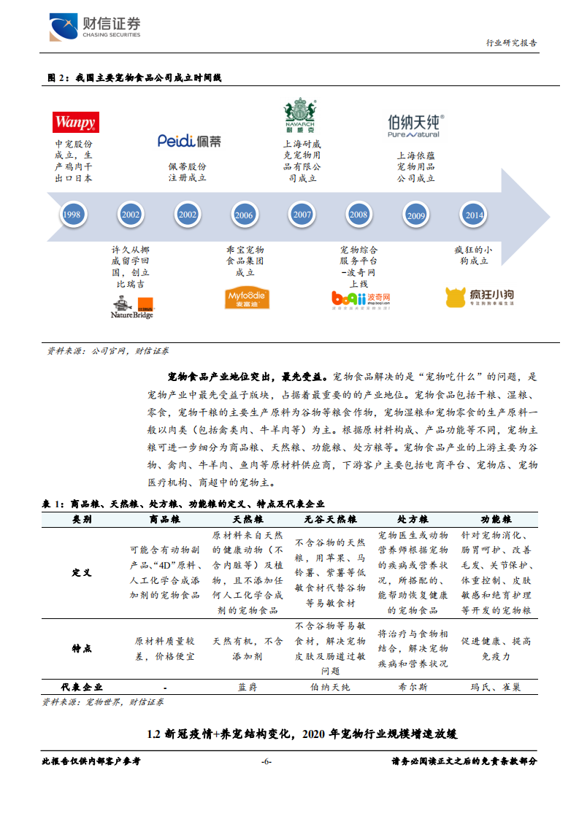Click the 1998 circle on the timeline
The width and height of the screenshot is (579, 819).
72,215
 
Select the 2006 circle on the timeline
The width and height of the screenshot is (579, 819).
244,215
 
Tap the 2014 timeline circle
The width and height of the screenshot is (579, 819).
473,215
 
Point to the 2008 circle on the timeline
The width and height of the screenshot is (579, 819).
358,215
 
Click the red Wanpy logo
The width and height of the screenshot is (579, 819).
74,122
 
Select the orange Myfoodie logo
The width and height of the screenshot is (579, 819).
246,298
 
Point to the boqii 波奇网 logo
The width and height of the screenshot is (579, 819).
361,298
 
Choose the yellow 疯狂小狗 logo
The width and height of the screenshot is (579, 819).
480,297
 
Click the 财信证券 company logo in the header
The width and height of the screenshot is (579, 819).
95,27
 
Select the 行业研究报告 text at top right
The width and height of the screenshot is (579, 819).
511,43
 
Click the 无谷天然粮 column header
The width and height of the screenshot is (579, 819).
330,519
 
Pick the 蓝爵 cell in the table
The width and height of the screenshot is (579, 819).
247,687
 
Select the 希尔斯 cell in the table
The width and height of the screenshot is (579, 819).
413,687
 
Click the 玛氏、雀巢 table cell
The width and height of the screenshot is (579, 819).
496,687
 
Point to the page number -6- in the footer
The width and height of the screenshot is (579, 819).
267,761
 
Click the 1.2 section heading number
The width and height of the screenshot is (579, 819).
153,733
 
